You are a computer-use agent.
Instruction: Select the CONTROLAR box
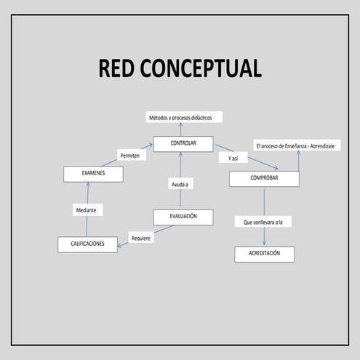[x=183, y=144]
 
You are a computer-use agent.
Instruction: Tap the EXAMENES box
[x=93, y=174]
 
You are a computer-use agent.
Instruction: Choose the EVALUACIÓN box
[x=183, y=217]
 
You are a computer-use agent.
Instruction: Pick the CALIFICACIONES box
[x=87, y=245]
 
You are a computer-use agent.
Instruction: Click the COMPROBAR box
[x=263, y=179]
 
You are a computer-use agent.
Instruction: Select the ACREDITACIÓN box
[x=264, y=255]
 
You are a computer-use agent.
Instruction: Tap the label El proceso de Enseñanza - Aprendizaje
[x=297, y=146]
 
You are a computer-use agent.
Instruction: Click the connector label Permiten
[x=132, y=155]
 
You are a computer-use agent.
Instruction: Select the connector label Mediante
[x=89, y=210]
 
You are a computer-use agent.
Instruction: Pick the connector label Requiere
[x=141, y=237]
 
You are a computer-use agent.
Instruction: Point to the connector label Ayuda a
[x=180, y=185]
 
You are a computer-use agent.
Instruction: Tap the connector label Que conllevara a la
[x=263, y=221]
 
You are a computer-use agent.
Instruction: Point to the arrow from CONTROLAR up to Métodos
[x=180, y=129]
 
